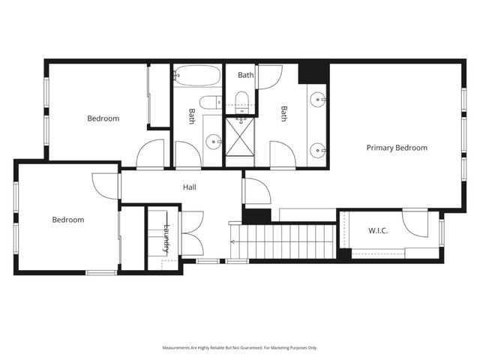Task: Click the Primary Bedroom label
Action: pyautogui.click(x=397, y=148)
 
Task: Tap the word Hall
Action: pyautogui.click(x=190, y=187)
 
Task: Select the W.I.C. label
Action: pyautogui.click(x=378, y=230)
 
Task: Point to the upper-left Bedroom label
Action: pyautogui.click(x=103, y=118)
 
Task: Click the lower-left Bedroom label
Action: pyautogui.click(x=67, y=220)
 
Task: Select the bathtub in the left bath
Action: pyautogui.click(x=197, y=76)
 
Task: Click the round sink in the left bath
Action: pyautogui.click(x=213, y=139)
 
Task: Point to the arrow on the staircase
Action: pyautogui.click(x=233, y=241)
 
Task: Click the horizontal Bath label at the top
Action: pyautogui.click(x=246, y=75)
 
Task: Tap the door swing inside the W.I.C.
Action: pyautogui.click(x=415, y=223)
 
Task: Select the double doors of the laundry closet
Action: pyautogui.click(x=191, y=232)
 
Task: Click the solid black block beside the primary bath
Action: pyautogui.click(x=313, y=73)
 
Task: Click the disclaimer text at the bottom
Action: pyautogui.click(x=240, y=347)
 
